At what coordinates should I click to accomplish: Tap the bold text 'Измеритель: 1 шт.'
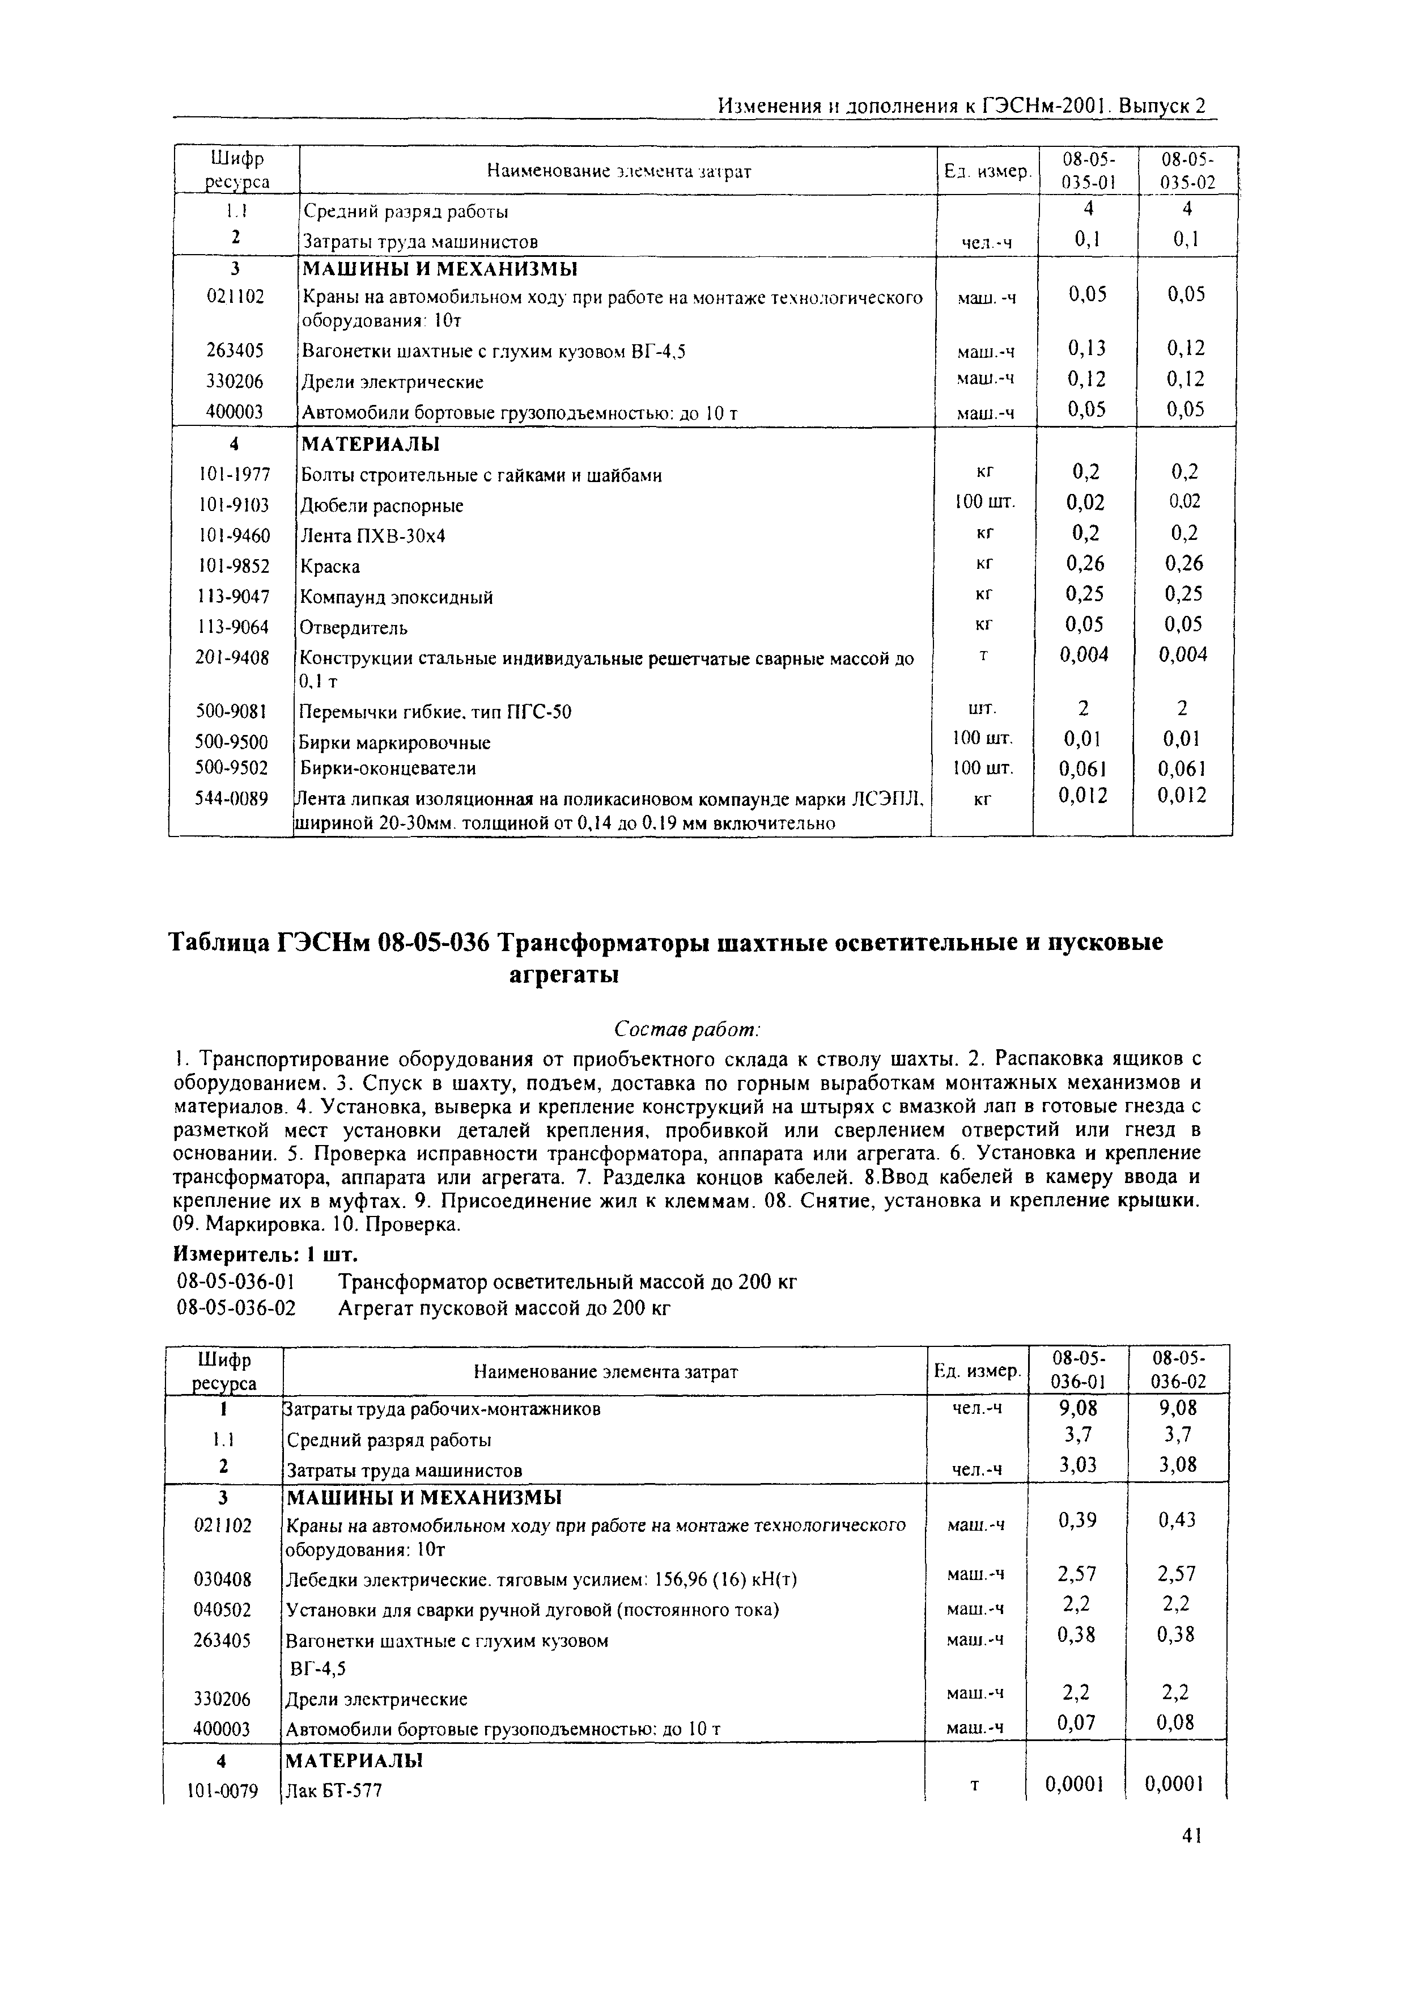coord(265,1254)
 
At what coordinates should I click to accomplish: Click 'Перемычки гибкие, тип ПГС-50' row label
coord(436,712)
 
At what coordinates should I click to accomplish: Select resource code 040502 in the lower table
coord(223,1610)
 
